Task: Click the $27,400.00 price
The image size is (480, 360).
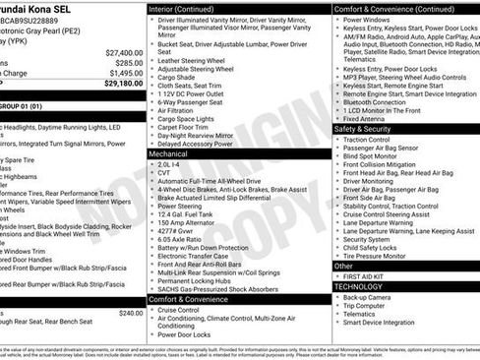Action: click(x=123, y=52)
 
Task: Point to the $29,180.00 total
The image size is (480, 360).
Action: click(x=123, y=84)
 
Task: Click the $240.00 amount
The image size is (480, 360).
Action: click(x=130, y=313)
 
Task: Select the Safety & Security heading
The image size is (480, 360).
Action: click(x=362, y=129)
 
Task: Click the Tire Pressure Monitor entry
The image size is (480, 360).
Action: click(x=378, y=255)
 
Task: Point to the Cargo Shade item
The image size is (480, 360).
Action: click(x=179, y=79)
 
